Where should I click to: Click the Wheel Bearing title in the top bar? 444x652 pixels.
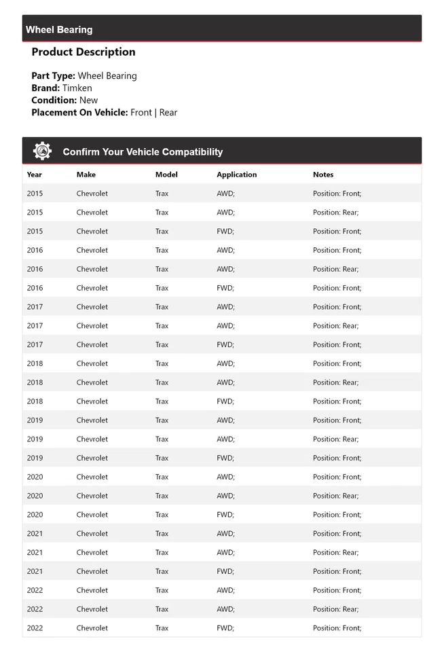click(59, 30)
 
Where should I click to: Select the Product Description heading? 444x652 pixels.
click(84, 52)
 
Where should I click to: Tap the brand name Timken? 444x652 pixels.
click(77, 88)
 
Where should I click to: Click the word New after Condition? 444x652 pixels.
click(88, 101)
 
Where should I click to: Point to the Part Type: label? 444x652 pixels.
click(53, 76)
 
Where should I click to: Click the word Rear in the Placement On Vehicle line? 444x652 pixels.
click(168, 113)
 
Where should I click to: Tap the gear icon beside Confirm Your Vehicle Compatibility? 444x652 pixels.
click(42, 151)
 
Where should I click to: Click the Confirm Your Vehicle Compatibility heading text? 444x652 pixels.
click(143, 152)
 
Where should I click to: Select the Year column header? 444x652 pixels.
click(35, 175)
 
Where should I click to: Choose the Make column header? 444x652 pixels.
click(86, 175)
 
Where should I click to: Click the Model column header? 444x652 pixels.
click(166, 175)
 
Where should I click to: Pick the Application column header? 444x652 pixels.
click(237, 175)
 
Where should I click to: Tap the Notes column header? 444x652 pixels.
click(323, 175)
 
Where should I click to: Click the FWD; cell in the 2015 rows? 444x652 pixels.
click(225, 232)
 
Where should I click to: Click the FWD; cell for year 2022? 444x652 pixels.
click(225, 628)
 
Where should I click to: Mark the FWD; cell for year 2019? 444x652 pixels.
click(225, 458)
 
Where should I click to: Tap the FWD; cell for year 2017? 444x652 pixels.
click(225, 344)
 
